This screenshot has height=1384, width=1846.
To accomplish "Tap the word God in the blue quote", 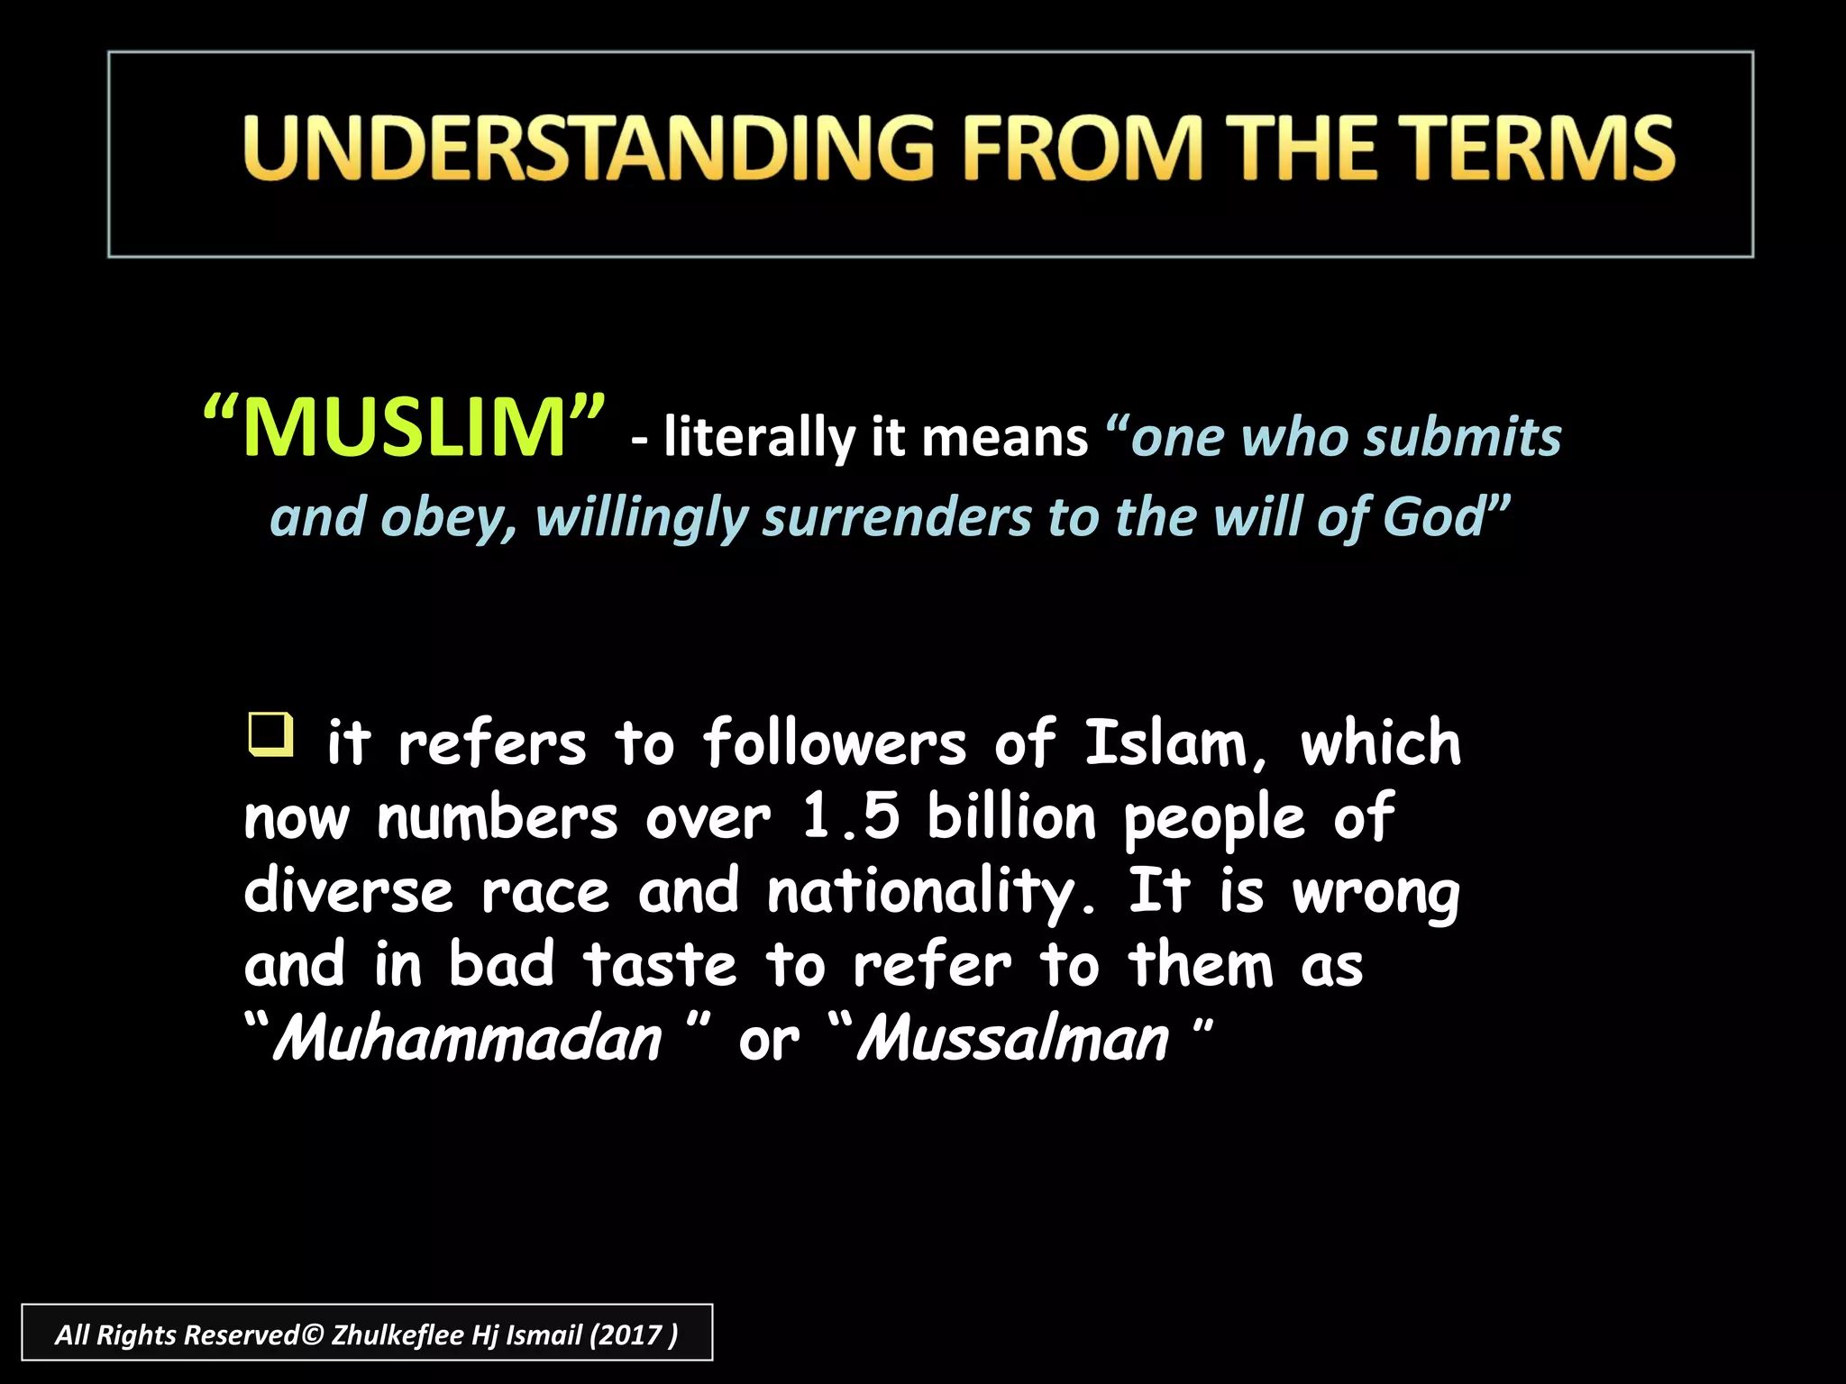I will [1434, 517].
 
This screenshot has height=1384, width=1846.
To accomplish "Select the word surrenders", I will [897, 519].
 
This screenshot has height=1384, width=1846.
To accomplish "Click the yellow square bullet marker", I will [270, 734].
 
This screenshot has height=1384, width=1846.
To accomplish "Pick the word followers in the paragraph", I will [835, 744].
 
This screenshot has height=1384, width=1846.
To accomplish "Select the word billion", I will [1011, 818].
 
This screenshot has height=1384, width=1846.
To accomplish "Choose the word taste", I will [661, 966].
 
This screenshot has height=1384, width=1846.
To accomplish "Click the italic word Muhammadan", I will [468, 1040].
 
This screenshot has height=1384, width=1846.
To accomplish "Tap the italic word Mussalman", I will [1012, 1040].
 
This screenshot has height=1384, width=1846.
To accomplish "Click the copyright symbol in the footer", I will [312, 1334].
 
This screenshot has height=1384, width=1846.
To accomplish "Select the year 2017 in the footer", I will [632, 1334].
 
